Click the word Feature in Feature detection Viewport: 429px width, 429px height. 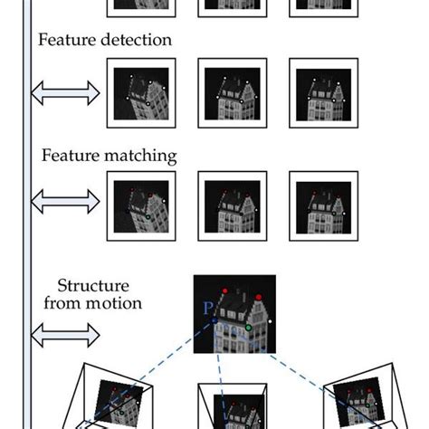pyautogui.click(x=67, y=40)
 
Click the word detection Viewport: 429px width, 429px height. pyautogui.click(x=136, y=40)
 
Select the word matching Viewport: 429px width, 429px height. pyautogui.click(x=140, y=156)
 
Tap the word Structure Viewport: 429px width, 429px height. pyautogui.click(x=93, y=285)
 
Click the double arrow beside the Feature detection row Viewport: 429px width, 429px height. pyautogui.click(x=65, y=93)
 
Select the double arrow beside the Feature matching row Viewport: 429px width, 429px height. pyautogui.click(x=65, y=202)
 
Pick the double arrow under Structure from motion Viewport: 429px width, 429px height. pyautogui.click(x=65, y=335)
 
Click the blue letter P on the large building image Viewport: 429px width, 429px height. pyautogui.click(x=208, y=308)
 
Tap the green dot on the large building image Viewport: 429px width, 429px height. pyautogui.click(x=248, y=328)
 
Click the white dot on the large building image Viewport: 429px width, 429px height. pyautogui.click(x=270, y=321)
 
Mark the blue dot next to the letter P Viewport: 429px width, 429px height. pyautogui.click(x=214, y=320)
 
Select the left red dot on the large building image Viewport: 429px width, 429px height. pyautogui.click(x=224, y=291)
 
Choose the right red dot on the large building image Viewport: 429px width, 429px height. pyautogui.click(x=259, y=298)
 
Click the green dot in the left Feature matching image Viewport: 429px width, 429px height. pyautogui.click(x=148, y=217)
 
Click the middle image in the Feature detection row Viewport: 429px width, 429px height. pyautogui.click(x=233, y=93)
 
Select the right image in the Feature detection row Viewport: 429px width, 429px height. pyautogui.click(x=324, y=93)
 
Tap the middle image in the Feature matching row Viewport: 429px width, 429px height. pyautogui.click(x=233, y=206)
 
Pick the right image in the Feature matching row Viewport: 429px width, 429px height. pyautogui.click(x=324, y=206)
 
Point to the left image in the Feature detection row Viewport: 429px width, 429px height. pyautogui.click(x=141, y=93)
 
